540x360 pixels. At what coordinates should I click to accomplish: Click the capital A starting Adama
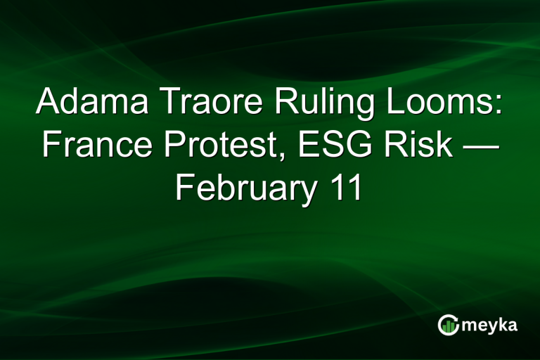point(48,103)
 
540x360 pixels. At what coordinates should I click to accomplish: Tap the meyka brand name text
point(491,326)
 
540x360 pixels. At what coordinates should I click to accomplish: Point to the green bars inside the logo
point(448,328)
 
